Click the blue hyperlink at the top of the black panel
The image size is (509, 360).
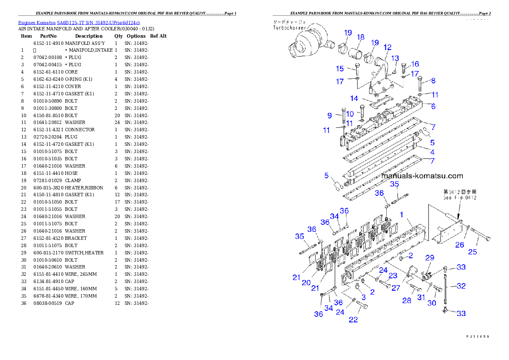79,22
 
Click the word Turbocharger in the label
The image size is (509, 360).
289,28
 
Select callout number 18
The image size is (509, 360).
360,37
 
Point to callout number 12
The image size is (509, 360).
387,47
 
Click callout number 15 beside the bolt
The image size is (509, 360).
340,68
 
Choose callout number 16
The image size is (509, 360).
415,64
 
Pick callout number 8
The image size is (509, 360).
433,80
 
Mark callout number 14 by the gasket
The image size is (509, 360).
354,98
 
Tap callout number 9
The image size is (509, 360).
330,115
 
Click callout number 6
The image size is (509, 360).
433,106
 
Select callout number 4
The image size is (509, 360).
432,152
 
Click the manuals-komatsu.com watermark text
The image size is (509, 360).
422,176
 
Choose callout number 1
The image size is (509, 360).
402,214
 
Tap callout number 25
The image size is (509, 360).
472,252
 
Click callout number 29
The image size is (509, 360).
429,257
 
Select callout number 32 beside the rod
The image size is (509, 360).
461,286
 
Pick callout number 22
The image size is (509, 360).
353,319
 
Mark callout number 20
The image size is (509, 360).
306,283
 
